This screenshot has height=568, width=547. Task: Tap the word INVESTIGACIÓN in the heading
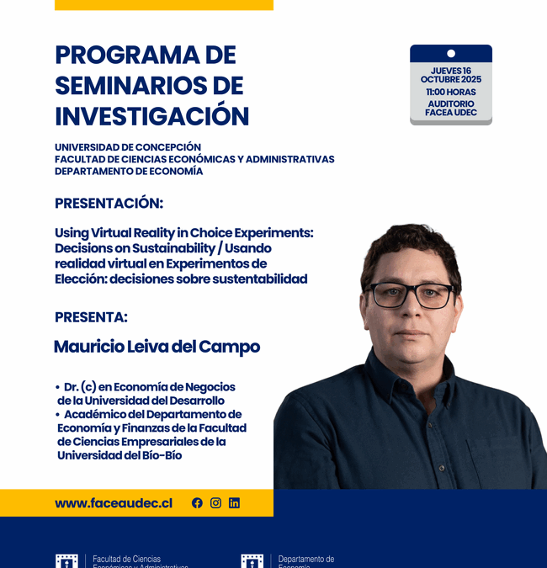tap(152, 115)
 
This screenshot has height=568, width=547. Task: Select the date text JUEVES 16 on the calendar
tap(450, 71)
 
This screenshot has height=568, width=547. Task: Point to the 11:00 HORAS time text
tap(450, 92)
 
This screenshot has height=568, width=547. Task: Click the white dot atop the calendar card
tap(451, 54)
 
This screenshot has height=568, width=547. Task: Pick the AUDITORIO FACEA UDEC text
tap(450, 109)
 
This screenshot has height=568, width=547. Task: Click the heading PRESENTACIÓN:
tap(109, 203)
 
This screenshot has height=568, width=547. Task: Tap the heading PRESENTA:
tap(91, 317)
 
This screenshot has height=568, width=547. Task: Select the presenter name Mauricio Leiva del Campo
tap(157, 347)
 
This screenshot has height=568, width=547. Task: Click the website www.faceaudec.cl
tap(114, 503)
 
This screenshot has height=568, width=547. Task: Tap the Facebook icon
tap(197, 503)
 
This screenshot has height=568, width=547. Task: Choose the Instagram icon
tap(215, 503)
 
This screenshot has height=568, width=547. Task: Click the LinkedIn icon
tap(234, 503)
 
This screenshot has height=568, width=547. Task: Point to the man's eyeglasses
tap(412, 295)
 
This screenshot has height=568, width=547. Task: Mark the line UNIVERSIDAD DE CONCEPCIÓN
tap(128, 147)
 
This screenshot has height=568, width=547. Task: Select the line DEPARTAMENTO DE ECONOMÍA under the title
tap(129, 171)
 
